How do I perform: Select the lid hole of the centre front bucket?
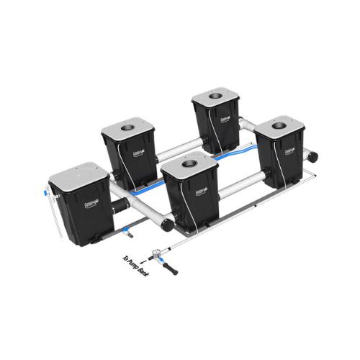pyautogui.click(x=189, y=165)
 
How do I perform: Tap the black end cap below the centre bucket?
pyautogui.click(x=167, y=225)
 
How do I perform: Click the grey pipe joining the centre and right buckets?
pyautogui.click(x=241, y=189)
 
